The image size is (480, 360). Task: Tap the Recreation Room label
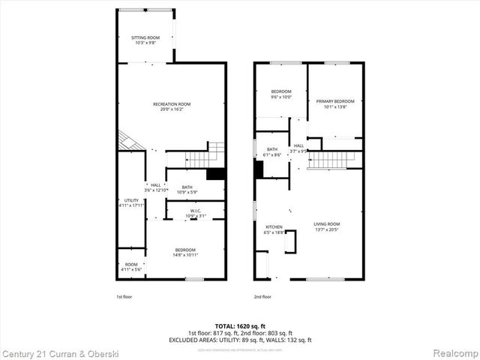(x=172, y=106)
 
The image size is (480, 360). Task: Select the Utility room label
(x=132, y=202)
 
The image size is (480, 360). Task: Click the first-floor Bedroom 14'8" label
(x=185, y=253)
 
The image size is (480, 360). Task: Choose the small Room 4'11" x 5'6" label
(x=131, y=266)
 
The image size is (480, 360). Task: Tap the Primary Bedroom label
(x=334, y=103)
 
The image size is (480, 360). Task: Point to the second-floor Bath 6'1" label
(x=272, y=151)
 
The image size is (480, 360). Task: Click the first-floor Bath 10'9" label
(x=187, y=190)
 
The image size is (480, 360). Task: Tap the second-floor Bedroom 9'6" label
(x=280, y=94)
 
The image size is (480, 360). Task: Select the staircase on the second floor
(x=330, y=159)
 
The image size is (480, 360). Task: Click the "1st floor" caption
(x=125, y=296)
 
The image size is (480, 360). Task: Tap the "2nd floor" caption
(x=262, y=296)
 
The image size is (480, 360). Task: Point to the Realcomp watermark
(x=452, y=352)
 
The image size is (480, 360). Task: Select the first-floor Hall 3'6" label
(x=156, y=187)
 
